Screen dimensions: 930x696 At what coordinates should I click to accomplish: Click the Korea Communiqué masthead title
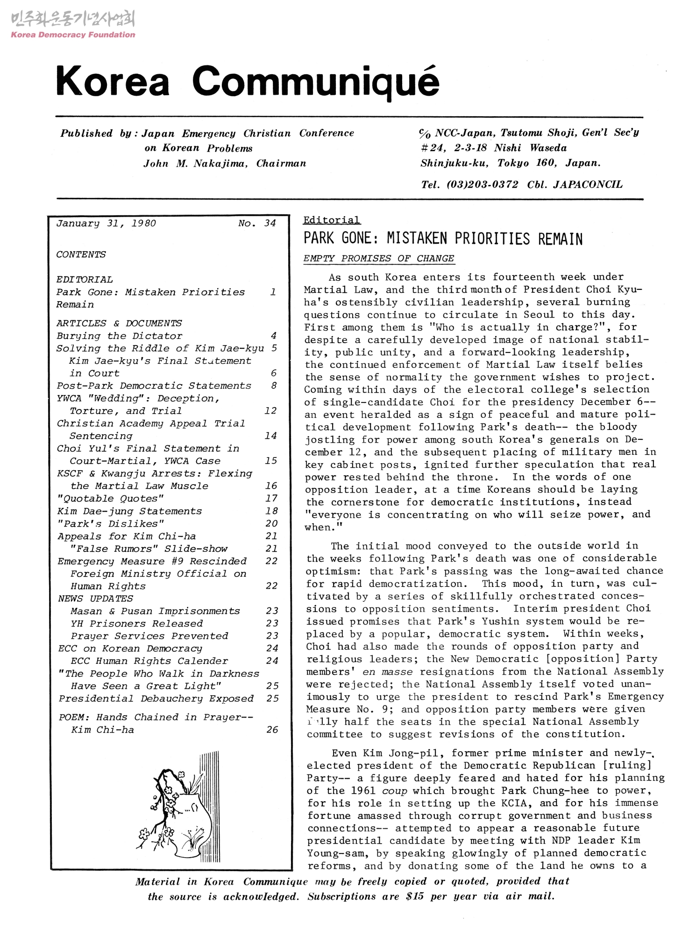(x=248, y=82)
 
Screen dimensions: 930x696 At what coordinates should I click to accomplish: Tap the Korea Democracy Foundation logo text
(x=73, y=35)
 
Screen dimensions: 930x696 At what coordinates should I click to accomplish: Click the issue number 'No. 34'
(x=257, y=223)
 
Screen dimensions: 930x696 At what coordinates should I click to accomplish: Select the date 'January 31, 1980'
(x=106, y=223)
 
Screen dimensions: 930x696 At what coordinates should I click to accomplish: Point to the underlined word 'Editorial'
(x=332, y=220)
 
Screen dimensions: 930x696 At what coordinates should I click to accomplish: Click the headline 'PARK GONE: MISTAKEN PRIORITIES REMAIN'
(x=443, y=239)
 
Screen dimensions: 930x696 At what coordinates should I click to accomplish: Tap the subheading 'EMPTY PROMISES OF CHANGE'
(x=378, y=258)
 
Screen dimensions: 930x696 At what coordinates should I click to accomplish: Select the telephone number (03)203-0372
(x=482, y=184)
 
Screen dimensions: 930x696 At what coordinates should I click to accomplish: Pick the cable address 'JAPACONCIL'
(x=588, y=184)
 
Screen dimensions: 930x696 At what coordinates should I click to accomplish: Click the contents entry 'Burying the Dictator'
(x=120, y=336)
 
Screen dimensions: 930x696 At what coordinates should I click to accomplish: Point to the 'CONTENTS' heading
(x=81, y=254)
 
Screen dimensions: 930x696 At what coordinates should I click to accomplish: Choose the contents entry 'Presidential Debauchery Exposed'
(x=156, y=698)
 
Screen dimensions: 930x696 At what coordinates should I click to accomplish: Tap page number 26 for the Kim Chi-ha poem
(x=272, y=729)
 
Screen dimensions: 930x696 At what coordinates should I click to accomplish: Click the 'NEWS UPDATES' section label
(x=95, y=599)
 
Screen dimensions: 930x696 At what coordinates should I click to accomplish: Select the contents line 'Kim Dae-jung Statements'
(x=129, y=511)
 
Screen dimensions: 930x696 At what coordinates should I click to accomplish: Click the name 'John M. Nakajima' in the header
(x=195, y=163)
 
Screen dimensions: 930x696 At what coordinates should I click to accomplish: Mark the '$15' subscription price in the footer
(x=415, y=896)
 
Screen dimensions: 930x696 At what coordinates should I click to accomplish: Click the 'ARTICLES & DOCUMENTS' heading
(x=119, y=323)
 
